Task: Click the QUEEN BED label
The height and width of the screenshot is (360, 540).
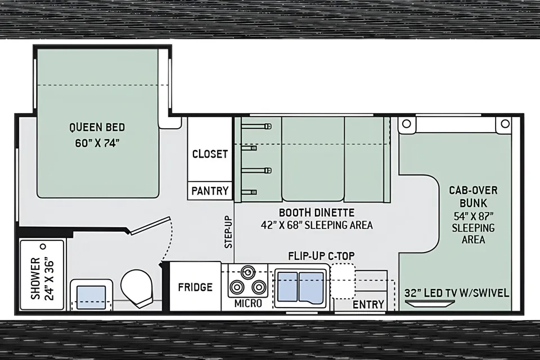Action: [x=97, y=128]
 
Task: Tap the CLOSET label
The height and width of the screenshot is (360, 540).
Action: [x=210, y=154]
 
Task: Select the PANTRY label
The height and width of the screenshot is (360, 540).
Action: [x=210, y=191]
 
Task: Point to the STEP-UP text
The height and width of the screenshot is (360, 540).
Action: [x=228, y=232]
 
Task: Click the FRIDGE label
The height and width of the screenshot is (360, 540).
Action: [x=195, y=287]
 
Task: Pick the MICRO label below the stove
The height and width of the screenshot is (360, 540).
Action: [x=248, y=303]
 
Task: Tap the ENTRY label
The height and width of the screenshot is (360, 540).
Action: [x=368, y=304]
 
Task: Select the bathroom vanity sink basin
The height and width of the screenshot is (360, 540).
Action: [x=91, y=298]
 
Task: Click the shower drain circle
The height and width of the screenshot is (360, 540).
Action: [x=43, y=247]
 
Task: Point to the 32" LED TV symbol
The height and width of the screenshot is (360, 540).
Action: [x=429, y=304]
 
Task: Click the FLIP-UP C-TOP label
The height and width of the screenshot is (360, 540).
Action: [x=321, y=256]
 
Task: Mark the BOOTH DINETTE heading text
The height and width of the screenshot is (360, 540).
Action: [x=317, y=212]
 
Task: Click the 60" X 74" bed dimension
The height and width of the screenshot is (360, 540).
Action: [x=97, y=143]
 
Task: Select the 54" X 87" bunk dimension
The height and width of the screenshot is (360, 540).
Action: [x=474, y=217]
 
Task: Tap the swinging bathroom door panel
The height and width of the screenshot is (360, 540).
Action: [x=150, y=226]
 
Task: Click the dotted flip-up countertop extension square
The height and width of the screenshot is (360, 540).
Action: [x=343, y=281]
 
